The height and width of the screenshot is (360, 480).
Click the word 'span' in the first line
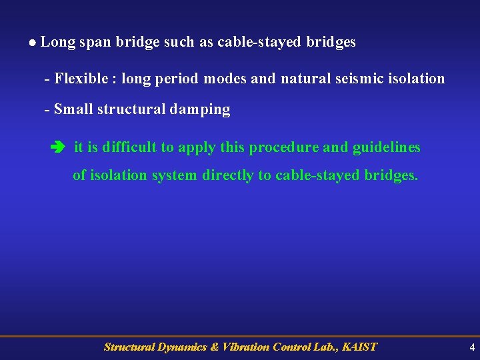click(x=95, y=42)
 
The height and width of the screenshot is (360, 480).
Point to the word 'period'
click(x=177, y=79)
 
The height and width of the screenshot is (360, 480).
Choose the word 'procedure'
click(x=284, y=147)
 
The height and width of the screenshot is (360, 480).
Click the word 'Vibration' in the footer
click(x=246, y=347)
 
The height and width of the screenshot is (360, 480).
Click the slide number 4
click(x=472, y=347)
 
